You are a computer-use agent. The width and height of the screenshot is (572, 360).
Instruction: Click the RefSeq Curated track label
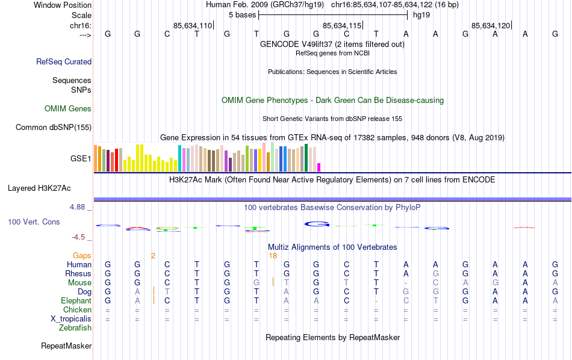64,61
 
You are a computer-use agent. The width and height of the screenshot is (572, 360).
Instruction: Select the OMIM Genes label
68,109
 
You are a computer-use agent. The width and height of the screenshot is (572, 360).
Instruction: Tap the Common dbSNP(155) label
54,127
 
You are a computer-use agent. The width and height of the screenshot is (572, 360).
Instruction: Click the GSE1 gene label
81,159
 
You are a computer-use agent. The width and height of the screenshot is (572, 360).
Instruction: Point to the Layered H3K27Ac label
42,188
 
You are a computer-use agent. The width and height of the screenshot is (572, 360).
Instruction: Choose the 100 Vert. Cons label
34,222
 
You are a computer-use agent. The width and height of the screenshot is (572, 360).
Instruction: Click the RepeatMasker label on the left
66,346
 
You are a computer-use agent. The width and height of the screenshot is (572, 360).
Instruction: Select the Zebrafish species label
75,328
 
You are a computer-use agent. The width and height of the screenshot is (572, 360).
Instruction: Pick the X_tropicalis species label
72,319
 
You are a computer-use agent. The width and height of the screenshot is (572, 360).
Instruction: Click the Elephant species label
76,301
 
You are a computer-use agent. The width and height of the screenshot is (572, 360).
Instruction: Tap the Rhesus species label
78,274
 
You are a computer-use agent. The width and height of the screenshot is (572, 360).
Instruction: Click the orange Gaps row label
82,256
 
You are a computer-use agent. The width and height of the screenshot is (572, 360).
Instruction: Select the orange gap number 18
273,256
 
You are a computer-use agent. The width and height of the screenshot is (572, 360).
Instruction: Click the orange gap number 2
153,256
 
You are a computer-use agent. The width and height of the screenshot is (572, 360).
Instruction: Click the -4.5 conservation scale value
80,237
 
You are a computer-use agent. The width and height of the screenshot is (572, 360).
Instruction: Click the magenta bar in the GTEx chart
319,167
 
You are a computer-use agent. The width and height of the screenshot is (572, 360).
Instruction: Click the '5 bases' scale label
242,14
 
